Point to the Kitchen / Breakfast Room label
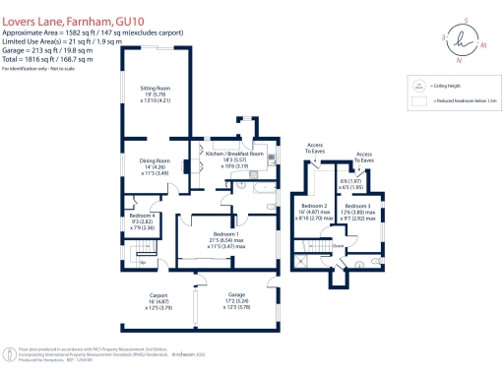(234, 155)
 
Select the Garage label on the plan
(236, 295)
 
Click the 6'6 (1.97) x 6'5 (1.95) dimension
(350, 183)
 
